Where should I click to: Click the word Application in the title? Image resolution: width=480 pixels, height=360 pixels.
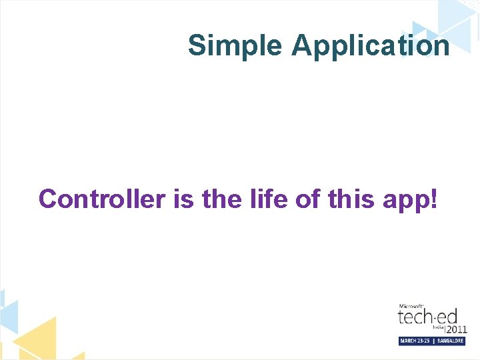(x=370, y=46)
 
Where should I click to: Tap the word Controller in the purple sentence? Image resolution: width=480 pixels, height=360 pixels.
(x=101, y=199)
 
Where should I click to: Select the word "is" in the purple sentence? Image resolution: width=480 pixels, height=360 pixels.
(x=183, y=199)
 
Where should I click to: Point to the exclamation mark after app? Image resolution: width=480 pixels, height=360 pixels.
(x=435, y=199)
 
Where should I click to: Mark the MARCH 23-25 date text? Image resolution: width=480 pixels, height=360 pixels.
(x=415, y=341)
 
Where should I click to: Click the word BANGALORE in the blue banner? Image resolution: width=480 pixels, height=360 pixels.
(x=450, y=341)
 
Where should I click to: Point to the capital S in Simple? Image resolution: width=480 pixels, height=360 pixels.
(x=197, y=46)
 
